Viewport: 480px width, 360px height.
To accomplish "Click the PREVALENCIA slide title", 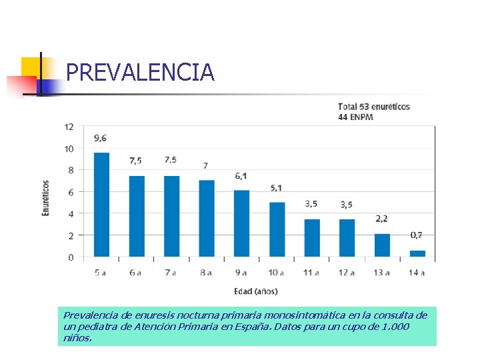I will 140,72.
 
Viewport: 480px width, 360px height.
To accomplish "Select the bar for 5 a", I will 101,205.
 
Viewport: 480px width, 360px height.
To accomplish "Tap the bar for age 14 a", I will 417,253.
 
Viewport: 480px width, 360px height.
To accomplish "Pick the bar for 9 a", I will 241,223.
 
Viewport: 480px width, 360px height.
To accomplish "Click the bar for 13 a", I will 382,245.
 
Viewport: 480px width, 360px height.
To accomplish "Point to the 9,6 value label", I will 101,138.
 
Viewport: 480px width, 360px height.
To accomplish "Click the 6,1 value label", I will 241,176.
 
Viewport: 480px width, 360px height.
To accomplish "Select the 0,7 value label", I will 416,235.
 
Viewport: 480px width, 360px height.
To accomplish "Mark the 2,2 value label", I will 381,219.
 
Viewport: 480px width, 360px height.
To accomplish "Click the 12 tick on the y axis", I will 69,127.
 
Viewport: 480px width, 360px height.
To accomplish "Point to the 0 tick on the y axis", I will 71,257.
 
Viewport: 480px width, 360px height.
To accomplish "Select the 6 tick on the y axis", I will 71,192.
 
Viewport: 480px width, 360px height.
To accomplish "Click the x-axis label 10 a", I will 276,273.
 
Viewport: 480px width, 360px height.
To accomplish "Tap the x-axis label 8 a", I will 206,273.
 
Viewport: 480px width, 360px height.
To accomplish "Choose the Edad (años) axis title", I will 256,291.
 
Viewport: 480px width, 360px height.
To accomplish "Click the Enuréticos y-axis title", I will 46,197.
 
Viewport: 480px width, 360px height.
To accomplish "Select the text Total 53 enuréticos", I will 374,107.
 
